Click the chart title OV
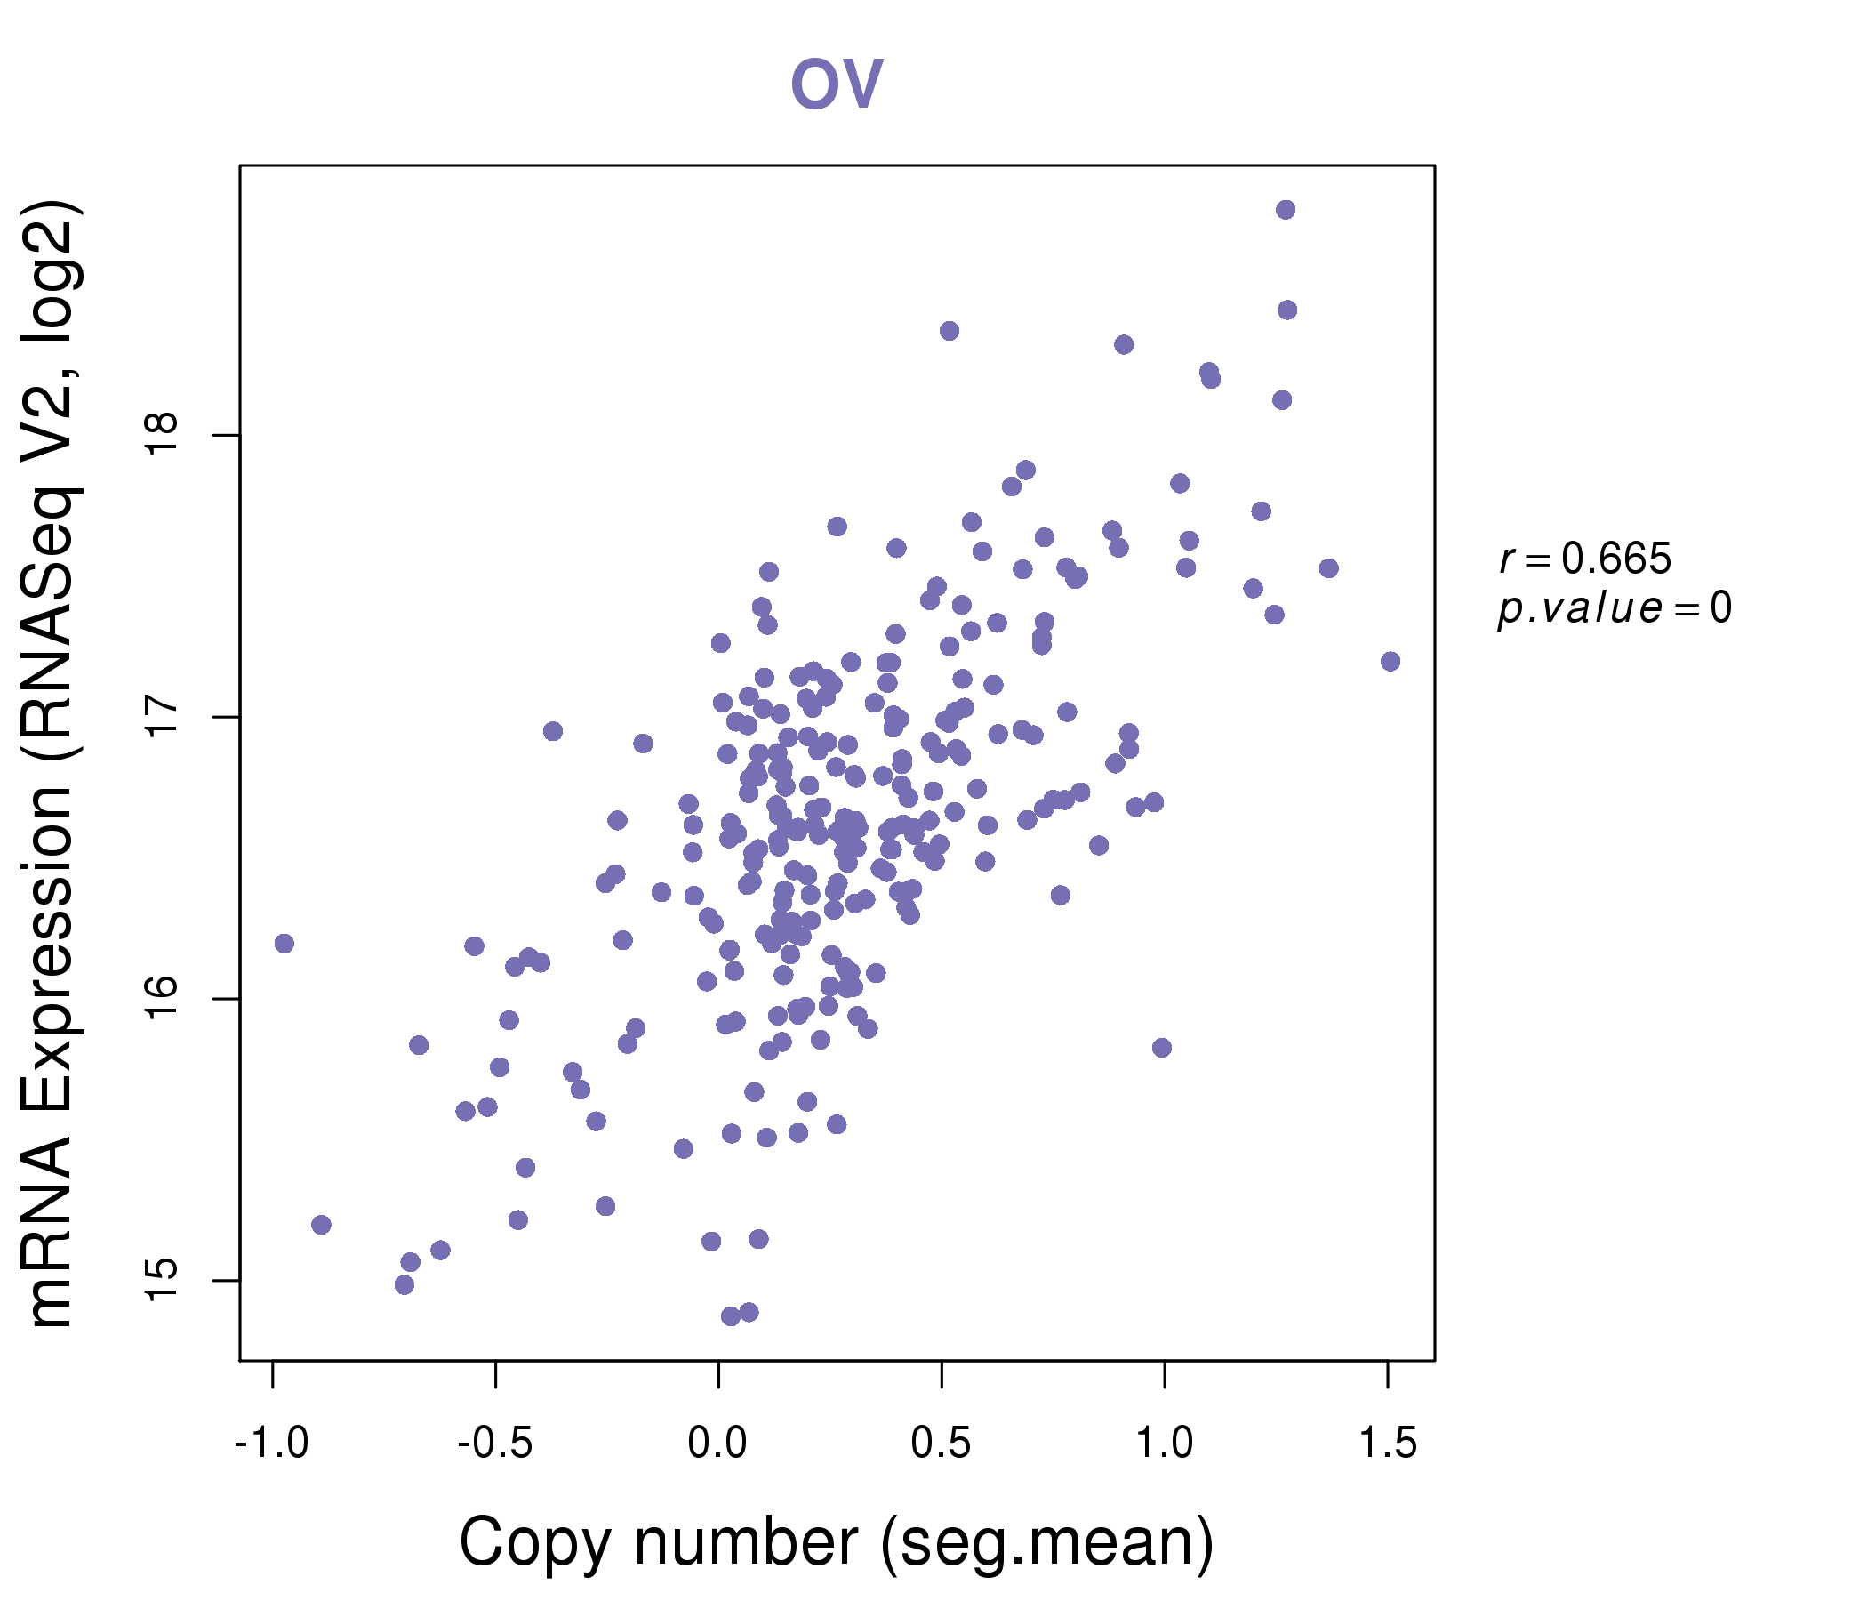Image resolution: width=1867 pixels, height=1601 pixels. [837, 83]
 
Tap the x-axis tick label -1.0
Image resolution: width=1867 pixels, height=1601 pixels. [271, 1444]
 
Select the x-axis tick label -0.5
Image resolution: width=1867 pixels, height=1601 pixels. [494, 1444]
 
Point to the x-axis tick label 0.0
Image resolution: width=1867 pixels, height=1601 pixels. [717, 1444]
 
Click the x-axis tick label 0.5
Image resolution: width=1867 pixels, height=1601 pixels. [941, 1444]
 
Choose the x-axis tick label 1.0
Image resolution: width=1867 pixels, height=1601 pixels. [1164, 1444]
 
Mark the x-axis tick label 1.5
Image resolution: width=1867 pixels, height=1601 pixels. [1388, 1444]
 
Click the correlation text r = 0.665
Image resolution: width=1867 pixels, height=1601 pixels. [1585, 559]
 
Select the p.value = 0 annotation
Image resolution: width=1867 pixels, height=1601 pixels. [1614, 607]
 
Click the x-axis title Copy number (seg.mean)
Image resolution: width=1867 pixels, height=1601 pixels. [837, 1542]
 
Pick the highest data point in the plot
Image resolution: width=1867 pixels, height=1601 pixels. [1286, 210]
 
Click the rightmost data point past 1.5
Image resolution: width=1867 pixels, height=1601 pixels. [1390, 662]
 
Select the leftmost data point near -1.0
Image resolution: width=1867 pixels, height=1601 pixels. [284, 944]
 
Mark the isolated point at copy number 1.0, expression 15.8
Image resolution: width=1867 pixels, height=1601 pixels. [1161, 1048]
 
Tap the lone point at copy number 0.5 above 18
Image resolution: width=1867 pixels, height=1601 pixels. [949, 331]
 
